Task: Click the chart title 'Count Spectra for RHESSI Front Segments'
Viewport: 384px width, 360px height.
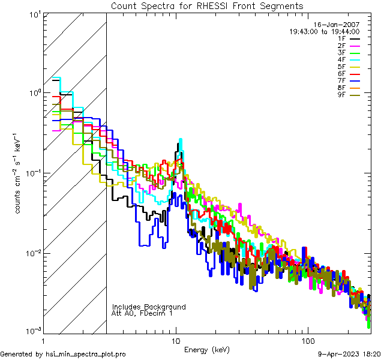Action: pos(207,5)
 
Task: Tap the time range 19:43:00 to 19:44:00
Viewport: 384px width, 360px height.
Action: pos(325,31)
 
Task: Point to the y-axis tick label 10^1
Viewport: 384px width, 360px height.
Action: pos(34,13)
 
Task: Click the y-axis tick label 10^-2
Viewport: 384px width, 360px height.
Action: pos(32,253)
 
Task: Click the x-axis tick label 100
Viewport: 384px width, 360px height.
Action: pos(307,341)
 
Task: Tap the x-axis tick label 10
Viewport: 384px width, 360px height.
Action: pos(176,341)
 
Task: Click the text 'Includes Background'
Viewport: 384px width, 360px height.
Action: pos(149,307)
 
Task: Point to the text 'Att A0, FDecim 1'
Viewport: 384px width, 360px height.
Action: pos(142,313)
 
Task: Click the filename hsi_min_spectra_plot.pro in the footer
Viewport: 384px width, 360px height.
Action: pos(86,354)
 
